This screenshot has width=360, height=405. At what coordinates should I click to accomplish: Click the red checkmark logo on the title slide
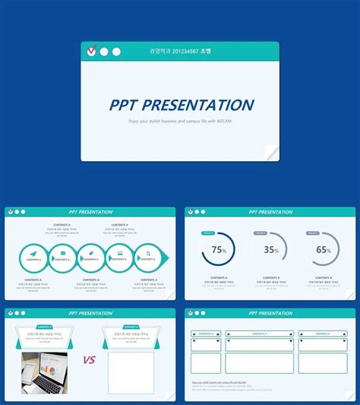click(92, 52)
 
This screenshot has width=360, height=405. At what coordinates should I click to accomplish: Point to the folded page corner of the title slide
click(271, 153)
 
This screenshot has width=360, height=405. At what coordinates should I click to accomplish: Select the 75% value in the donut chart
click(219, 249)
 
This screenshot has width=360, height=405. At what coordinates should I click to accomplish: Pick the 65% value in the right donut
click(324, 249)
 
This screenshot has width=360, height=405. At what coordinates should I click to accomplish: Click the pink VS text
click(89, 359)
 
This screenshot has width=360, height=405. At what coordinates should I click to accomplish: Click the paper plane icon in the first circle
click(33, 253)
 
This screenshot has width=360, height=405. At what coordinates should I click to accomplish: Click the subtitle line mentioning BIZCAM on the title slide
click(180, 121)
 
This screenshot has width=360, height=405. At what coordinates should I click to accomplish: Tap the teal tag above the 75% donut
click(208, 233)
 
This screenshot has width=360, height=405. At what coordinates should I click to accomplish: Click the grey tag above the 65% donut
click(313, 233)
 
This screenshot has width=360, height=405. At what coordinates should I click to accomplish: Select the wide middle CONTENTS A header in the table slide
click(259, 334)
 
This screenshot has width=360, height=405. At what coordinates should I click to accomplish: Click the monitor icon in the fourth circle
click(118, 253)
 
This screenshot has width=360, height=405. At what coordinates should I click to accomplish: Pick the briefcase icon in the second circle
click(62, 253)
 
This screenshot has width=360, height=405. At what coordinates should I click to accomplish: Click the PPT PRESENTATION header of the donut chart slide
click(270, 212)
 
